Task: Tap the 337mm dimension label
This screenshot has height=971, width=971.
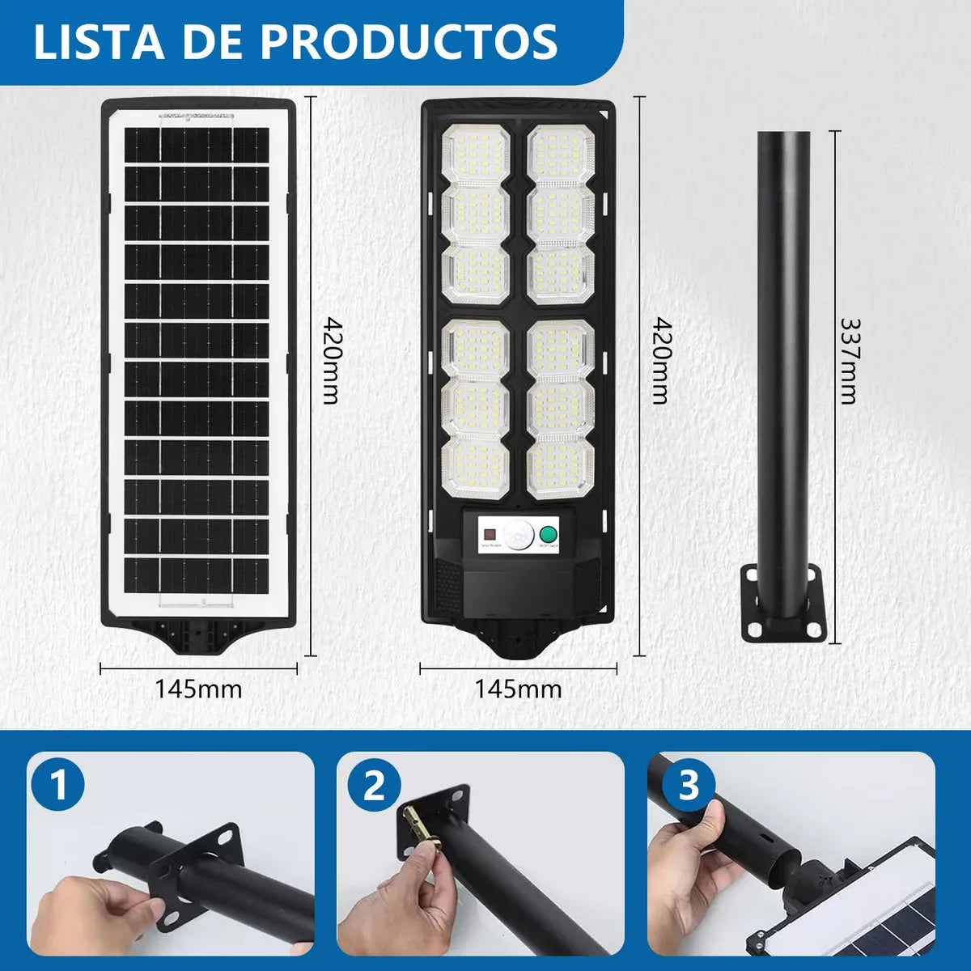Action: click(x=849, y=360)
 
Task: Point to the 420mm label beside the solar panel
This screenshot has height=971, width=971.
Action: click(x=331, y=360)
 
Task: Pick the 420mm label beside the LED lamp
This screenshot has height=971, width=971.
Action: click(x=661, y=360)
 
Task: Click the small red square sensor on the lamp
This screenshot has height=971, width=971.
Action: click(x=489, y=534)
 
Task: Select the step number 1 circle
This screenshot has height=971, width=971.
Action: click(x=58, y=786)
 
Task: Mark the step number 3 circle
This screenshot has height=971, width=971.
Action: click(x=689, y=786)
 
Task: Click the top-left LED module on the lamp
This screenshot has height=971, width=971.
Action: click(x=475, y=155)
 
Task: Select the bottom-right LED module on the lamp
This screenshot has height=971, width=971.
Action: click(x=561, y=468)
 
